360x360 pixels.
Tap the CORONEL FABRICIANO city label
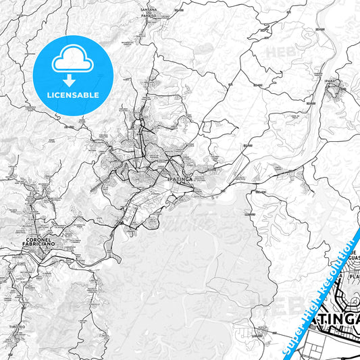pyautogui.click(x=43, y=242)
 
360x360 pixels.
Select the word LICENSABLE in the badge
pyautogui.click(x=73, y=95)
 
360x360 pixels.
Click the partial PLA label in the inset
pyautogui.click(x=353, y=276)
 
